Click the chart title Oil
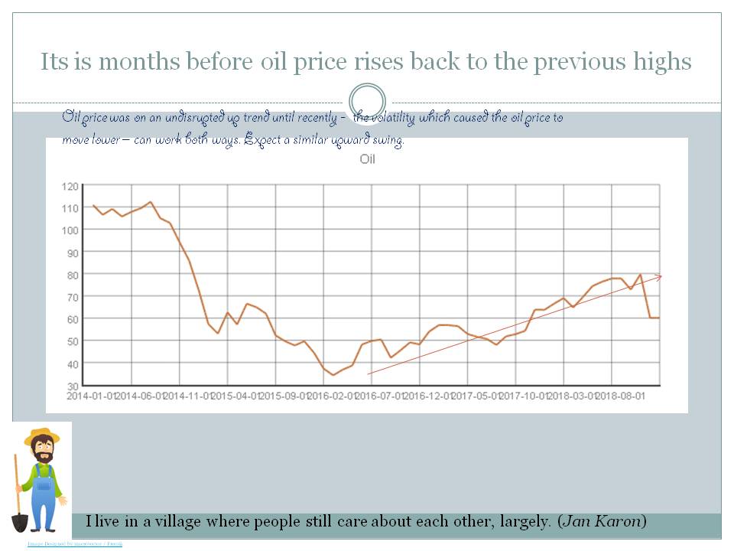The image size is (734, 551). point(368,160)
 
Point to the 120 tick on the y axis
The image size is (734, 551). point(70,186)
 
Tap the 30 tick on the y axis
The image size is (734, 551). point(73,386)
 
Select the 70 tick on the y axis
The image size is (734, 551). point(73,297)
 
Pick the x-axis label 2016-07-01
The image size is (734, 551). point(380,396)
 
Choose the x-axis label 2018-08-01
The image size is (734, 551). point(620,396)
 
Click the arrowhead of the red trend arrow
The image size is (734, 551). point(659,277)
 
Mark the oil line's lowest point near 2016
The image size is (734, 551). point(333,374)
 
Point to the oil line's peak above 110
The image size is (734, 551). point(150,203)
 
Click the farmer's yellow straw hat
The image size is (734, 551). point(42,437)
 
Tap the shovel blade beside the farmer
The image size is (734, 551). point(20,522)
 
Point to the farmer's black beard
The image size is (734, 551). point(44,457)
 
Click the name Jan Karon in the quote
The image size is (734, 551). point(602,522)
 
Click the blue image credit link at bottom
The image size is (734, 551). point(74,544)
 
